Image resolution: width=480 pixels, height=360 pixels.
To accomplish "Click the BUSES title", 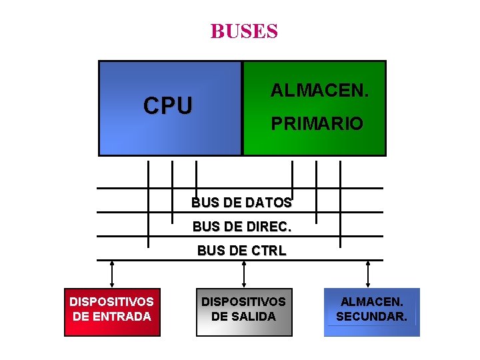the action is (x=244, y=31).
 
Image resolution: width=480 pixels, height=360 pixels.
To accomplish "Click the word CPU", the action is (x=168, y=105).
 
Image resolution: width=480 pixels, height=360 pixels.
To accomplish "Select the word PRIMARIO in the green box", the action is (x=317, y=123).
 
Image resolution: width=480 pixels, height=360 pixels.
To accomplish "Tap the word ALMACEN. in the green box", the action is (x=319, y=89).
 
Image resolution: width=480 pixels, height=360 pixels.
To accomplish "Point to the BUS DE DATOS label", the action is (x=241, y=202).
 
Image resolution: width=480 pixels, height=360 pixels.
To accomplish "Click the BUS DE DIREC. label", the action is (x=241, y=227).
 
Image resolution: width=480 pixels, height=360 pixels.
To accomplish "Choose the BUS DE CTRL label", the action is (x=241, y=251).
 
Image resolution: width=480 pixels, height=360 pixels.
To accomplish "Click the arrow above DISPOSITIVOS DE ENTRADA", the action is (x=112, y=274).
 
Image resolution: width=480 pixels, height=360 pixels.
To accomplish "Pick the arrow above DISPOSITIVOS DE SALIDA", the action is (x=244, y=274).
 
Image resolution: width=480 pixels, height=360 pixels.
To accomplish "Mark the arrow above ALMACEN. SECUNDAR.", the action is (x=368, y=274).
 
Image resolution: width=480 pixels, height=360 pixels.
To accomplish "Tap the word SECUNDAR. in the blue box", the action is (x=371, y=316).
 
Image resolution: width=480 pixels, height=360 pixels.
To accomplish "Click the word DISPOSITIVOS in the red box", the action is (x=112, y=301).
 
